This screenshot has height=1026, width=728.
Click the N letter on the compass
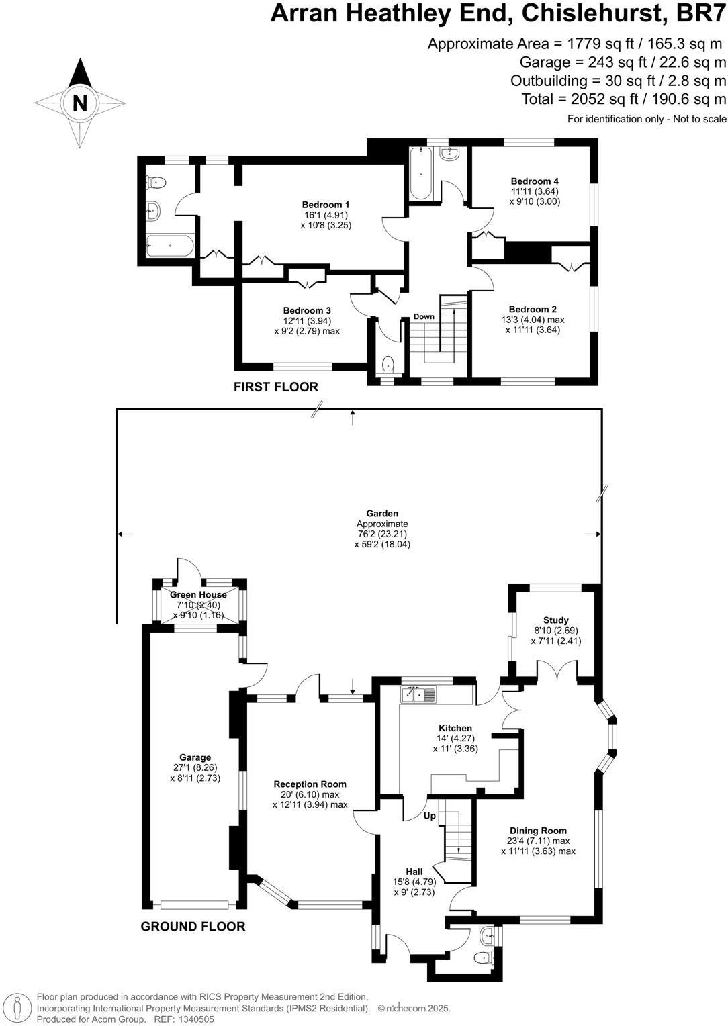pyautogui.click(x=79, y=103)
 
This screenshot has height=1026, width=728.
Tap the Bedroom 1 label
pyautogui.click(x=326, y=205)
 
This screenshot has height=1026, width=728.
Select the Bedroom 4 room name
pyautogui.click(x=535, y=181)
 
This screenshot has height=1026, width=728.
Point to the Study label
pyautogui.click(x=555, y=620)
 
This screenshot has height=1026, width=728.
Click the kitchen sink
pyautogui.click(x=418, y=694)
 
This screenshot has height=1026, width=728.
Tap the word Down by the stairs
pyautogui.click(x=424, y=316)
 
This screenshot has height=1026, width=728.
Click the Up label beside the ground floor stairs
pyautogui.click(x=429, y=816)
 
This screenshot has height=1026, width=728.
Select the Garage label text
pyautogui.click(x=195, y=757)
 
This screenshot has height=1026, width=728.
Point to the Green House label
pyautogui.click(x=198, y=594)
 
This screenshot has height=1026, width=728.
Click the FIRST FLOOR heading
pyautogui.click(x=275, y=387)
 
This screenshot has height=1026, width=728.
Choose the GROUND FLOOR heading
pyautogui.click(x=193, y=927)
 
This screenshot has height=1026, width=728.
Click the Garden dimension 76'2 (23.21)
pyautogui.click(x=382, y=534)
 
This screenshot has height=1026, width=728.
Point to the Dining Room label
pyautogui.click(x=538, y=831)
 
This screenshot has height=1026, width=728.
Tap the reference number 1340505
pyautogui.click(x=194, y=1019)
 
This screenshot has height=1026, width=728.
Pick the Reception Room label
pyautogui.click(x=310, y=784)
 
